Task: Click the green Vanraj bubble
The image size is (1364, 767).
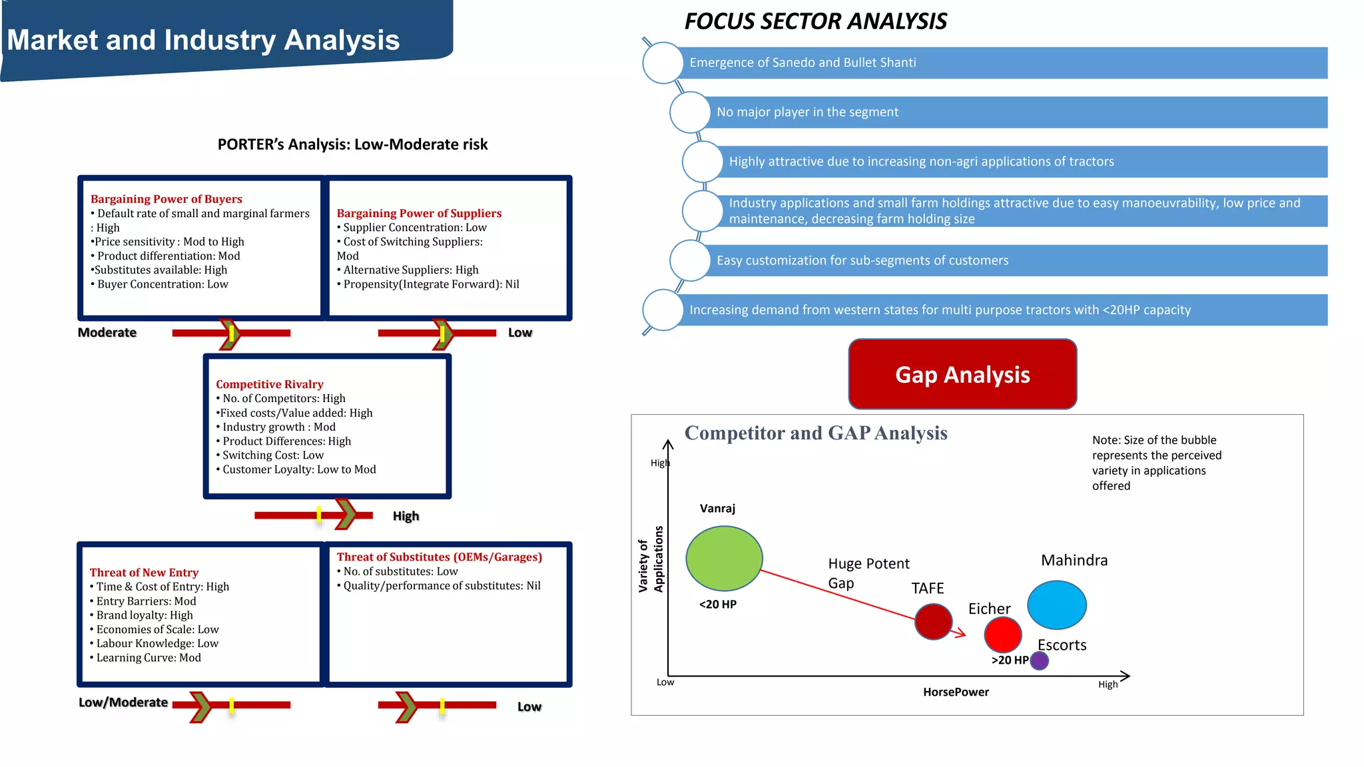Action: point(724,558)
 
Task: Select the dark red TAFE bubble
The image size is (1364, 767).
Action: point(933,621)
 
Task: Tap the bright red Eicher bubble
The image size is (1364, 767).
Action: point(1002,635)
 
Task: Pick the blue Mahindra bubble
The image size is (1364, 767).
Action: point(1056,605)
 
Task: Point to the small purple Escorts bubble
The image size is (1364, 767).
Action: point(1039,660)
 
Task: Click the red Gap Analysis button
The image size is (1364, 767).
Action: point(962,374)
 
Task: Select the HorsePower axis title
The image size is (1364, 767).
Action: point(956,692)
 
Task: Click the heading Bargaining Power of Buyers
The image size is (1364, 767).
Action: point(167,199)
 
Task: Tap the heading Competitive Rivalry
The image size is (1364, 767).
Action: point(270,384)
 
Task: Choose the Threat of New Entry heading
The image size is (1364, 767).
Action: point(144,573)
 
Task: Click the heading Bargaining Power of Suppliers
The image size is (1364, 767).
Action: point(419,213)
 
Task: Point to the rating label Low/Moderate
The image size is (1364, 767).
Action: point(123,702)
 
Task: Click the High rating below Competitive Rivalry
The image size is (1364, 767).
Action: point(406,516)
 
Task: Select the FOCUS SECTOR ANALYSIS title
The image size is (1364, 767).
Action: point(815,21)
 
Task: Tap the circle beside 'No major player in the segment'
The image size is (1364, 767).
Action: point(689,113)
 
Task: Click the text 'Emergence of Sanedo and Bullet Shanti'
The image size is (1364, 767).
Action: point(803,63)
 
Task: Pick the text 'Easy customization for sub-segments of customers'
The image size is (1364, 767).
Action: point(862,260)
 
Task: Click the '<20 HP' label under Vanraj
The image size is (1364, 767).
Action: point(717,605)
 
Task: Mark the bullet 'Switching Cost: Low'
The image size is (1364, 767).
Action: point(273,455)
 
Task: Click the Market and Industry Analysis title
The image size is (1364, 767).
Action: point(203,40)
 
